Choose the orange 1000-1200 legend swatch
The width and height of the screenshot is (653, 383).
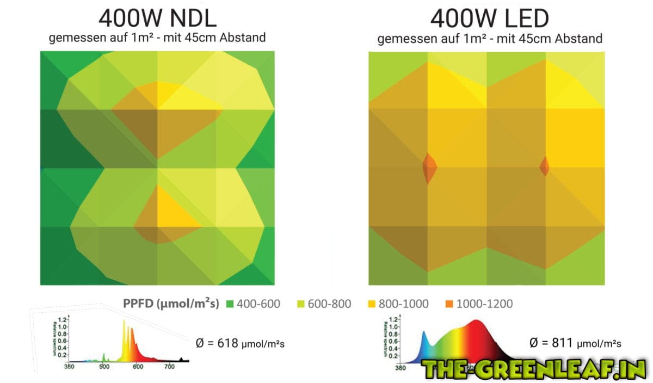448,304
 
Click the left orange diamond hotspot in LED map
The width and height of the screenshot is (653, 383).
429,167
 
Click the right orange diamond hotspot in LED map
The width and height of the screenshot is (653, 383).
545,166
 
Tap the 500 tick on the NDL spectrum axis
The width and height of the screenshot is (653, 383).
103,367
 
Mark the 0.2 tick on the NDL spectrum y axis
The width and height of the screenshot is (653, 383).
63,355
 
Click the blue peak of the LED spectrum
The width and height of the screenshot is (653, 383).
424,333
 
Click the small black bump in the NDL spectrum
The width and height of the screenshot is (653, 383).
182,359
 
